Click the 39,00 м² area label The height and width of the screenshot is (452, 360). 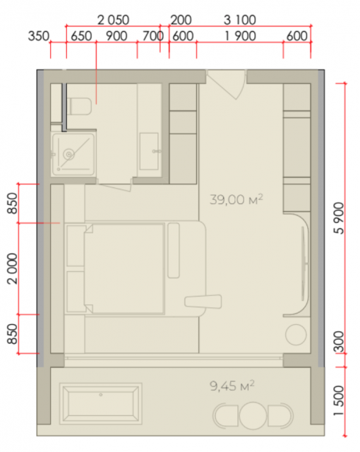point(236,199)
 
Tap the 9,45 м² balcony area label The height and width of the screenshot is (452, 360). point(232,386)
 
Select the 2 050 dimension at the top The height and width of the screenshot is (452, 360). point(113,20)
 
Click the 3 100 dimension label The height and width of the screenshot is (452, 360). point(240,20)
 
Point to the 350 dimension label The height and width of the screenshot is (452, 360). point(39,36)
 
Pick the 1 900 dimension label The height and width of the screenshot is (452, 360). point(240,36)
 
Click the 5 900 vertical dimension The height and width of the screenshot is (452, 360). point(340,218)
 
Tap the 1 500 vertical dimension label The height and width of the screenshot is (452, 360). point(340,400)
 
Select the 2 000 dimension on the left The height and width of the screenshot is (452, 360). point(13,268)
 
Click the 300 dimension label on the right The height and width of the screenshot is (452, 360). point(340,342)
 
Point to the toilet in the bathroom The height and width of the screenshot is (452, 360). point(79,106)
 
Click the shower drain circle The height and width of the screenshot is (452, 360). point(69,154)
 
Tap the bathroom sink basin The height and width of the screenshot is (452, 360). point(149,151)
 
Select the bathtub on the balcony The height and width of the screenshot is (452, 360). point(101,403)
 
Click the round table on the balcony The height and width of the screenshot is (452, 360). point(253,415)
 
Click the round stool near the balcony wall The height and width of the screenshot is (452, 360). point(296,335)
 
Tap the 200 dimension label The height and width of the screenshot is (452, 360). point(181,20)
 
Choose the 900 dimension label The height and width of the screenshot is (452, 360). point(116,36)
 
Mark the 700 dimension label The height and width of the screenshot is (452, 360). point(153,36)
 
